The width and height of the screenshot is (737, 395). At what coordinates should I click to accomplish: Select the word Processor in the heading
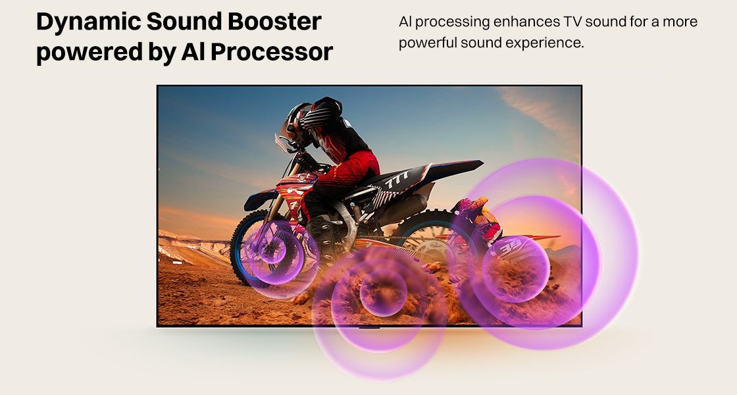(x=276, y=52)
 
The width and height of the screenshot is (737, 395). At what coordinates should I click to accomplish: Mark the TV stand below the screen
(x=368, y=326)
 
